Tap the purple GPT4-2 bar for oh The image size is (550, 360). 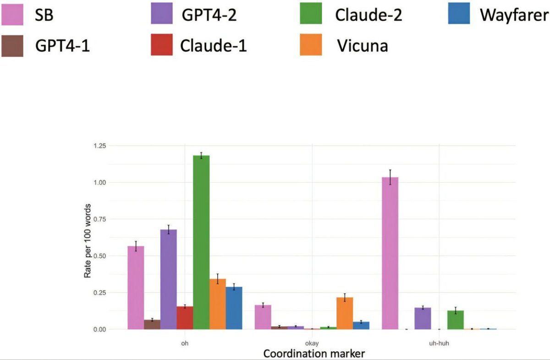pos(168,279)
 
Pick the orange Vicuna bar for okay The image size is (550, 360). pos(345,313)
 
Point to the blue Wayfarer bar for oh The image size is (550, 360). pos(234,308)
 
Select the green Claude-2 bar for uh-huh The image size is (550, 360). pos(456,320)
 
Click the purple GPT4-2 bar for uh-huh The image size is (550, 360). pos(423,318)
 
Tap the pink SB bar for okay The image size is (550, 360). pos(263,317)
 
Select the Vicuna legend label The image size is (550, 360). pos(362,45)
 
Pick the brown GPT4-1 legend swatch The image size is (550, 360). pos(13,45)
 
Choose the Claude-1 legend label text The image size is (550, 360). pos(213,45)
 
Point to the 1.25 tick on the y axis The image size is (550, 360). pos(99,146)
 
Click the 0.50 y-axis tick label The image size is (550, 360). pos(99,256)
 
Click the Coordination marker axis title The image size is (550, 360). pos(308,354)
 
